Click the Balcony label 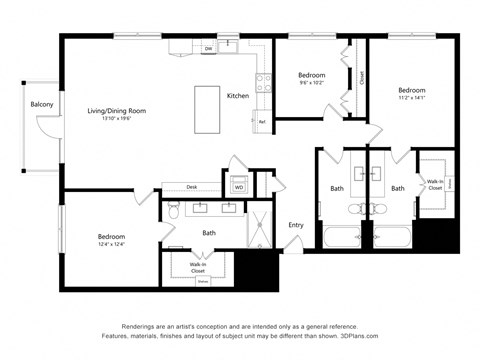pos(41,103)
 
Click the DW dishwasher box pos(208,48)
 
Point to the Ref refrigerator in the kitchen pos(262,121)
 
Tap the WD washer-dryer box pos(239,186)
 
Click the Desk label pos(192,186)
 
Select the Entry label pos(296,225)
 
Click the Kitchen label pos(238,96)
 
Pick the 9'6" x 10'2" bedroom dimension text pos(313,83)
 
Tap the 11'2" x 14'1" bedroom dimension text pos(411,98)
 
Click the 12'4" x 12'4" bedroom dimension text pos(111,245)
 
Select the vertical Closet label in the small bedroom pos(361,77)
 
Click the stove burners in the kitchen pos(263,82)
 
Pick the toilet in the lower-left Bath pos(173,211)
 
